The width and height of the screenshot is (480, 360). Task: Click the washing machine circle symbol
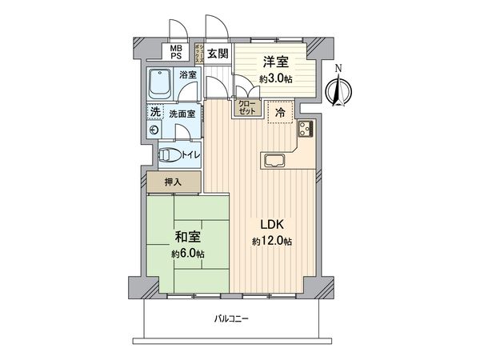pos(154,130)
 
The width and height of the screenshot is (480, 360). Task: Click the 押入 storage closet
pos(174,182)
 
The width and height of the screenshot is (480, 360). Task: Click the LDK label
pos(268,225)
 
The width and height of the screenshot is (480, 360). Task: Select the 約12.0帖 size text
pos(268,241)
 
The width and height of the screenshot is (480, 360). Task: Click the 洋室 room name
pos(274,62)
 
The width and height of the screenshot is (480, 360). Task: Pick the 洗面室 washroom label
pos(182,113)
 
